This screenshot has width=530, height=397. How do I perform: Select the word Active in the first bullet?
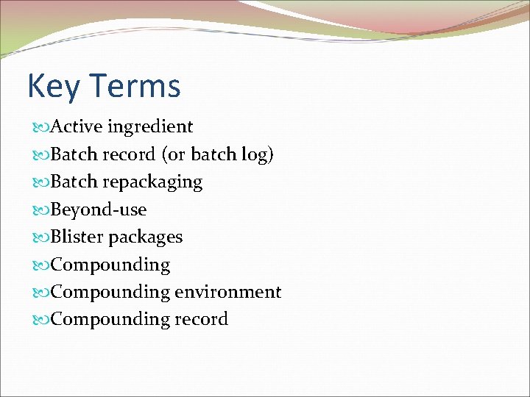(77, 126)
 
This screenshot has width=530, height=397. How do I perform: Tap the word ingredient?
(150, 126)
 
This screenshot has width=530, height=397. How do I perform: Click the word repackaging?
(152, 182)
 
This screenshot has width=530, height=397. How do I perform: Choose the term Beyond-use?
(99, 210)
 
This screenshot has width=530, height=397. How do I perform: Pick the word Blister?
(77, 237)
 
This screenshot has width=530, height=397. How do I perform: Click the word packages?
(146, 237)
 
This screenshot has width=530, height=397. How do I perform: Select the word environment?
(228, 292)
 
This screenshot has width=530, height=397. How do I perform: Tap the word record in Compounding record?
(202, 319)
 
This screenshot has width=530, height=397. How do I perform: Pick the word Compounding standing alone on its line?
(110, 265)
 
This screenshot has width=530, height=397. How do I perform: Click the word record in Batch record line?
(129, 154)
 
